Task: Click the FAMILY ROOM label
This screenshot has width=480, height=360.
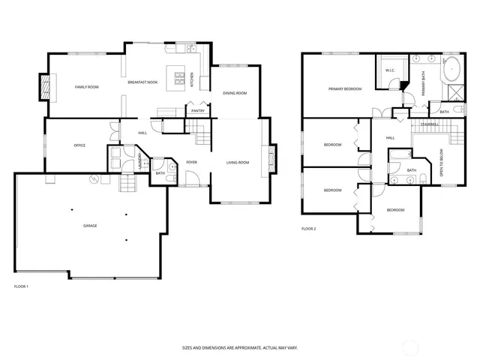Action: [87, 88]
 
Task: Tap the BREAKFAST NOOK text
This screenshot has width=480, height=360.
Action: [142, 82]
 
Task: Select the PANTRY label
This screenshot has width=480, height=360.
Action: [198, 111]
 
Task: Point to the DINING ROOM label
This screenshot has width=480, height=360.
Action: [235, 93]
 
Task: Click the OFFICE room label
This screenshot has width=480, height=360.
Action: [79, 145]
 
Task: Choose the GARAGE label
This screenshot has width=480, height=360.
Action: [89, 225]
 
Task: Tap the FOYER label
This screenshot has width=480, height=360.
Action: [191, 162]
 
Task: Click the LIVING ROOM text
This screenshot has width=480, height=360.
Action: [238, 162]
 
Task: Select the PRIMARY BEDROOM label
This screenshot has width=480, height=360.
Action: [345, 89]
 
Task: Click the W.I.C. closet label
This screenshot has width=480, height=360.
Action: [390, 70]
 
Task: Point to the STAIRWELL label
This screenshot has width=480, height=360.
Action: [429, 124]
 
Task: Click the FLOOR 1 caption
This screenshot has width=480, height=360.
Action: [21, 286]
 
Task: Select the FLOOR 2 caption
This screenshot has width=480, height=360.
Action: [309, 228]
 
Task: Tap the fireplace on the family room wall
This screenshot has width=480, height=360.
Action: [46, 87]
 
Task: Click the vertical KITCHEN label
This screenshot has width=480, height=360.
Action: [191, 79]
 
